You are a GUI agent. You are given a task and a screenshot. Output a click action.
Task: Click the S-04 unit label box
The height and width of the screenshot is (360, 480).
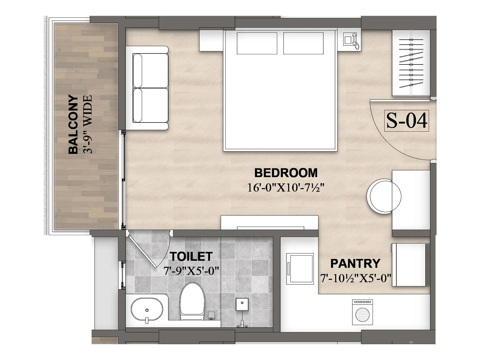(406, 121)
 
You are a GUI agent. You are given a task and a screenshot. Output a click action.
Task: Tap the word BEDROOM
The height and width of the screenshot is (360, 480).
(286, 173)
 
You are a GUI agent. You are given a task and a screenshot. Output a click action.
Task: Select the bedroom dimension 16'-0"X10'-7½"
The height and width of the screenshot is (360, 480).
(286, 188)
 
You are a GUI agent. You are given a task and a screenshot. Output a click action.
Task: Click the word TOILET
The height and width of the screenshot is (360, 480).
(191, 256)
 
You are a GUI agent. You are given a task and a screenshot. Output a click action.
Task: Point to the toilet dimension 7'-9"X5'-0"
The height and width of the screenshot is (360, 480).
(191, 271)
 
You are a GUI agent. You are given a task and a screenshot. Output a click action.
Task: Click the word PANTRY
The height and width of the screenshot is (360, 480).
(355, 264)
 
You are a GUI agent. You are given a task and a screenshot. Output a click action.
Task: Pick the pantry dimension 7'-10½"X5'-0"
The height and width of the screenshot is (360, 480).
(355, 278)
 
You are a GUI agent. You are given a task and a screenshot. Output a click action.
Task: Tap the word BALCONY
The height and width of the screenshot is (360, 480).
(73, 124)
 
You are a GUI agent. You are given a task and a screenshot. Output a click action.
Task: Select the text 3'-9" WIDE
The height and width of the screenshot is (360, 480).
(88, 124)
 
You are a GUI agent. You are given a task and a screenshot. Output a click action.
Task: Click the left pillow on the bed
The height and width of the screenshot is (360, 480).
(257, 43)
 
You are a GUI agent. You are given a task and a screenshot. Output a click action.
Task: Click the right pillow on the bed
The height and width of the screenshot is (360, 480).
(303, 43)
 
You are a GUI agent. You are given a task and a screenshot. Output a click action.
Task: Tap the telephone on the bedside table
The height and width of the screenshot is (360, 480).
(350, 40)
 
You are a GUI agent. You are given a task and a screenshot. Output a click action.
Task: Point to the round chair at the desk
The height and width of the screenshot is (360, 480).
(384, 196)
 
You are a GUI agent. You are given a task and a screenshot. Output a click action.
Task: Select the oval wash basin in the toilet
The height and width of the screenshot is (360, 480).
(147, 310)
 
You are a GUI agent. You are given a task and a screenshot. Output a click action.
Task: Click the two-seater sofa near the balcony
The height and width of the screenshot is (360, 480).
(150, 88)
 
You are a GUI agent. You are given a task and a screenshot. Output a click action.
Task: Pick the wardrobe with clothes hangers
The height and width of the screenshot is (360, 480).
(411, 63)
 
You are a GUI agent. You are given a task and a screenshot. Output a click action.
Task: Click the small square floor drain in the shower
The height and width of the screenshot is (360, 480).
(242, 304)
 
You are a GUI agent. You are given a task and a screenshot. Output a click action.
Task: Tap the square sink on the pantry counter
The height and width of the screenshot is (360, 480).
(300, 268)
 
